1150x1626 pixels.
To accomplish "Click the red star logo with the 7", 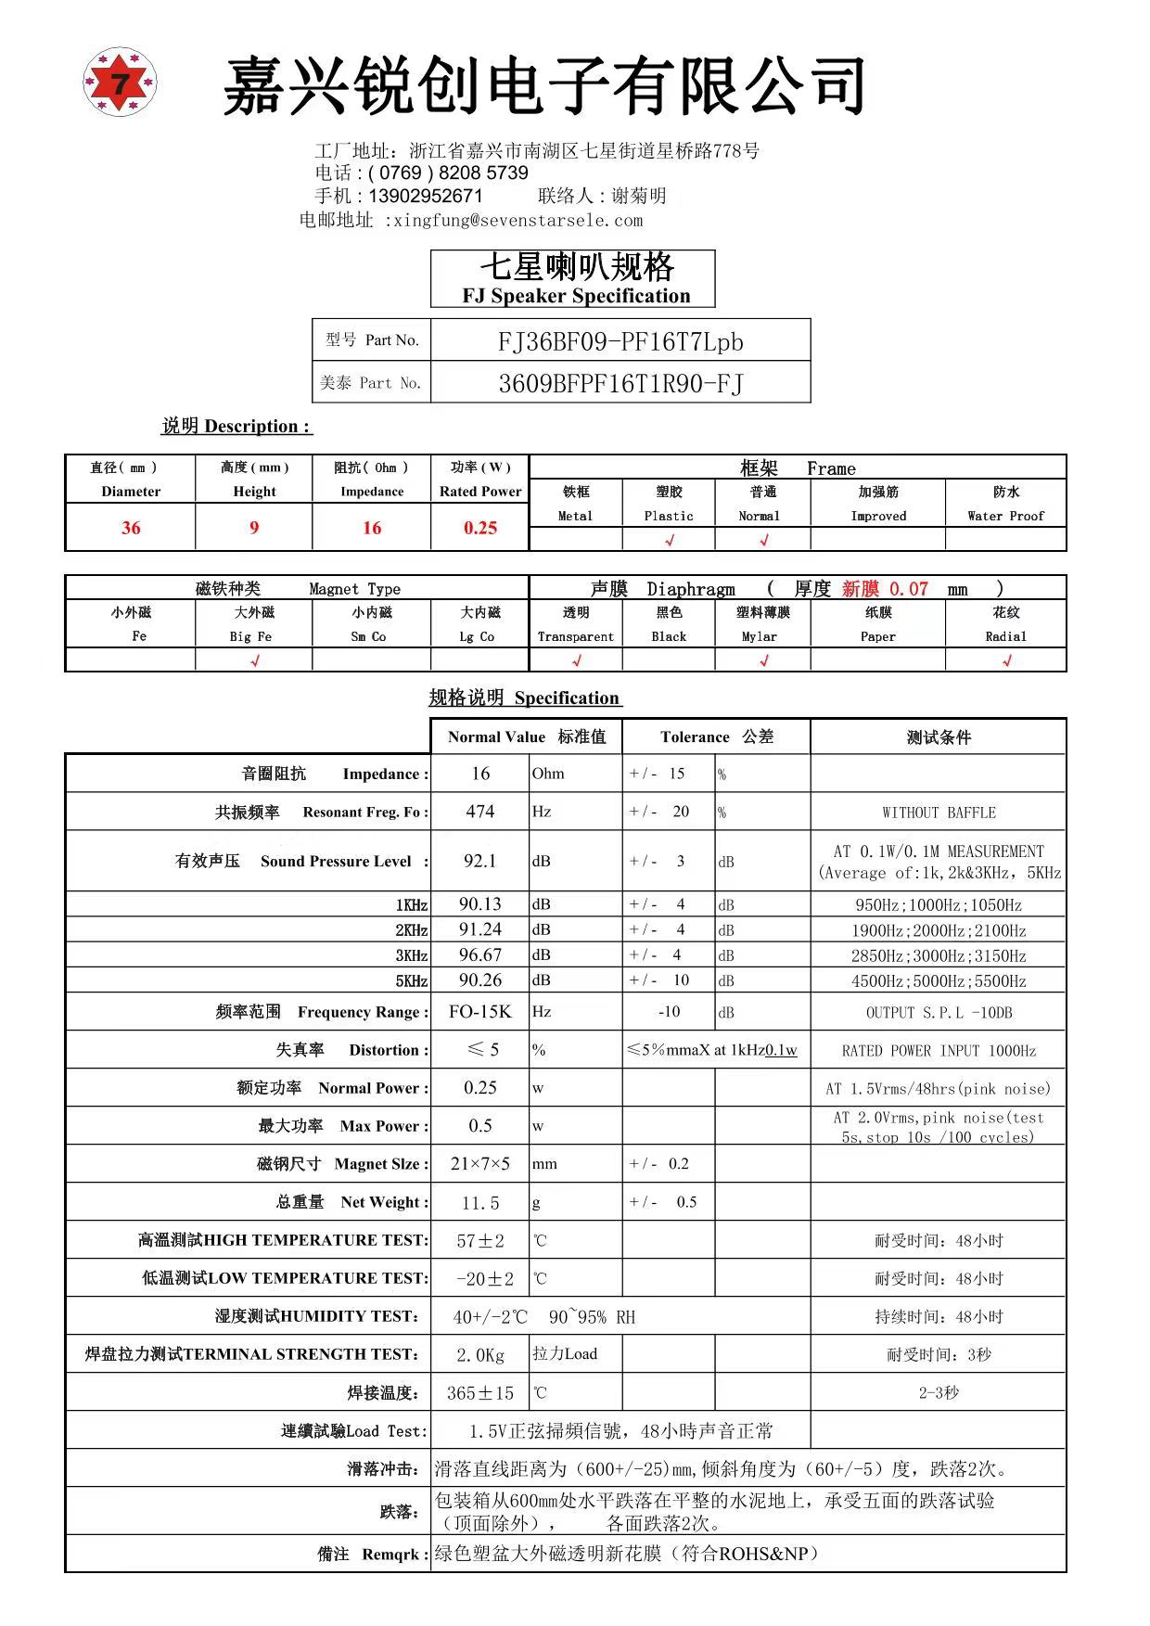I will [x=121, y=82].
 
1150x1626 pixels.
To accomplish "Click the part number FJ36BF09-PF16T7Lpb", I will [x=620, y=341].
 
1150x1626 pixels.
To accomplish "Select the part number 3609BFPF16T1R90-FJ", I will [x=620, y=383].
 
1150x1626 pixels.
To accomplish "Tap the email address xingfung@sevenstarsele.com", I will [x=517, y=221].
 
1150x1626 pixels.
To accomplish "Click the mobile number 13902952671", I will [x=426, y=196].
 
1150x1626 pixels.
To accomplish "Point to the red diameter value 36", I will [x=131, y=528].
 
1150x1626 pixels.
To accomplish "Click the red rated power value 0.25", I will [x=479, y=528].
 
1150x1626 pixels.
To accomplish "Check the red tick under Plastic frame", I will [x=670, y=540].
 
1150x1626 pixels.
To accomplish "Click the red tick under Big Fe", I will [x=254, y=660].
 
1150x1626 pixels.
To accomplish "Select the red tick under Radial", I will [x=1006, y=660].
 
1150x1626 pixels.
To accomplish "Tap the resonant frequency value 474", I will [x=479, y=812].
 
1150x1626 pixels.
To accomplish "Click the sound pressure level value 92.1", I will [x=479, y=861].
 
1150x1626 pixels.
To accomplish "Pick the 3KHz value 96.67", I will [x=479, y=954].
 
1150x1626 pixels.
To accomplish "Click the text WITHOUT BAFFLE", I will [x=939, y=813].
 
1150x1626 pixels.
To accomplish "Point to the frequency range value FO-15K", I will [x=479, y=1011].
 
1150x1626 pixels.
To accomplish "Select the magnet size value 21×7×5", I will [x=479, y=1163].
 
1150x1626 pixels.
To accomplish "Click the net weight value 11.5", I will [x=479, y=1203].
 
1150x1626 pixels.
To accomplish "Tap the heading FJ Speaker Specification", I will [x=576, y=296].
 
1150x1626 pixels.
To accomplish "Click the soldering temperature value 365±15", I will [x=479, y=1393].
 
